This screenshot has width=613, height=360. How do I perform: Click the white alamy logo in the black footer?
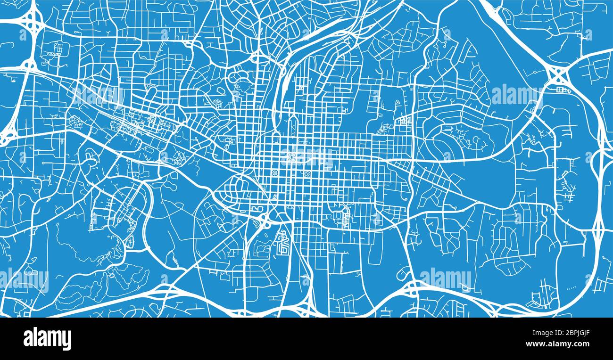(47, 338)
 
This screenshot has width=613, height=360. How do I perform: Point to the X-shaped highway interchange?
(558, 74)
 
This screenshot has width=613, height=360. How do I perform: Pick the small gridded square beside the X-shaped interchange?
(561, 90)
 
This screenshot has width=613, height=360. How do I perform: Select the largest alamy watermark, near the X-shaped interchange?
(516, 94)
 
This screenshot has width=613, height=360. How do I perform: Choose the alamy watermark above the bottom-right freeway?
(445, 278)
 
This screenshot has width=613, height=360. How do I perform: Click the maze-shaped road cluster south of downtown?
(283, 243)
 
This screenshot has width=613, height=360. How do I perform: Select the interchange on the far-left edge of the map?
(7, 137)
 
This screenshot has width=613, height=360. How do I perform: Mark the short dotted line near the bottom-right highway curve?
(570, 287)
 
